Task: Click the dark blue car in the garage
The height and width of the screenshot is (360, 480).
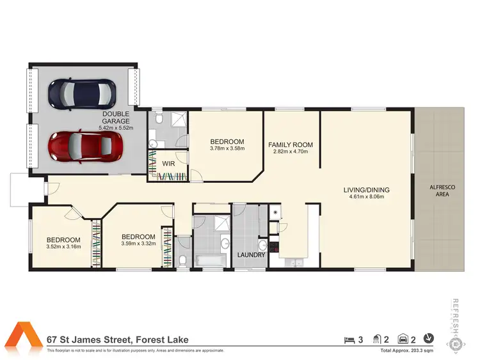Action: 83,93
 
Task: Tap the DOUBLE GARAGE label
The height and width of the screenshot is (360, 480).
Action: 116,117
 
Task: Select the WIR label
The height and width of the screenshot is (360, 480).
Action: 169,163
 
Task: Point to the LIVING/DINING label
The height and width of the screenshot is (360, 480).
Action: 367,190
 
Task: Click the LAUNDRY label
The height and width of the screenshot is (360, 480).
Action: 252,255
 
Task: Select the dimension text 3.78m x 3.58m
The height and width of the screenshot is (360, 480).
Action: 227,149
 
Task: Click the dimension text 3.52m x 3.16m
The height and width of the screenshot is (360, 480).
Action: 63,246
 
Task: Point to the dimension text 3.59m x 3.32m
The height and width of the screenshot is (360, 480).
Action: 139,243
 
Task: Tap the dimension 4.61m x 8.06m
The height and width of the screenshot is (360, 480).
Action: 367,198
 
